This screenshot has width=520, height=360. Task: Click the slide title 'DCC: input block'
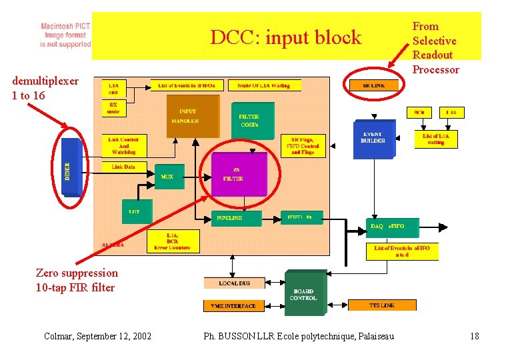tap(285, 37)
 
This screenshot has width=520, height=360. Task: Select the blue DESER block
tap(69, 167)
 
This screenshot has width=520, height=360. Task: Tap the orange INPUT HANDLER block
tap(192, 116)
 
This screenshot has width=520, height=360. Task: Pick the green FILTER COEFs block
tap(251, 121)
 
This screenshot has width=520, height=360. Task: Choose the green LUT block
tap(135, 211)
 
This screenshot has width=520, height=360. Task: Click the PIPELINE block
tap(230, 217)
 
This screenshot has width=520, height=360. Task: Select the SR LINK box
tap(374, 85)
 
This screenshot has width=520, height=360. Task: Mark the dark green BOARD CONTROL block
tap(305, 294)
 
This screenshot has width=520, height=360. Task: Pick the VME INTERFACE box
tap(229, 306)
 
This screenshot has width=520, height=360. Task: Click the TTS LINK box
tap(382, 305)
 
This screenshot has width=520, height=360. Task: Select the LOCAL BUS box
tap(234, 283)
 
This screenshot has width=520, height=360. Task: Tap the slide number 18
tap(474, 336)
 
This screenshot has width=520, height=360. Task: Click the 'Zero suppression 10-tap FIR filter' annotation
tap(76, 280)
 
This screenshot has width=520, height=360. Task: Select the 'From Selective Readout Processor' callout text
tap(435, 48)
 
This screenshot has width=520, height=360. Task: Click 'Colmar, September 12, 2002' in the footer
tap(97, 336)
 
